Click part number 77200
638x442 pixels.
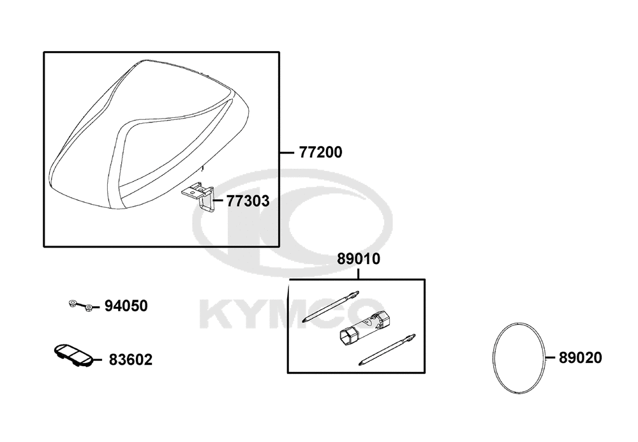321,152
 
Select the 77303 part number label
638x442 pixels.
248,201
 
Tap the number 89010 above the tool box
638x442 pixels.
358,258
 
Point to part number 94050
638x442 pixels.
126,306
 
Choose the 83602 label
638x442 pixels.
131,360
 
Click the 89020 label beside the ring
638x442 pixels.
580,358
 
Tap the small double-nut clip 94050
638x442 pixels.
80,306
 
